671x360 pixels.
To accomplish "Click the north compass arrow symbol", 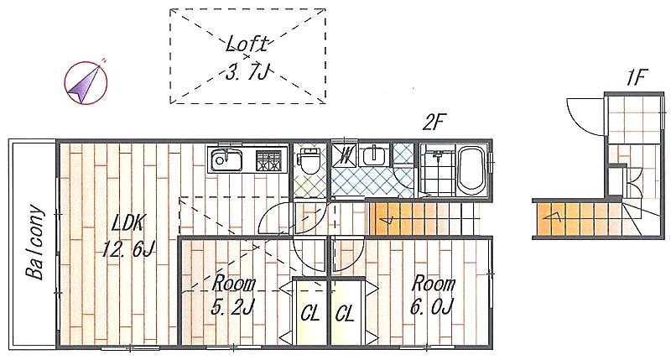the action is pos(86,81).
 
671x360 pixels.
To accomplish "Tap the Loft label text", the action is pos(247,44).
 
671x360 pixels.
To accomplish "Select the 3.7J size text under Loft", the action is pos(247,73).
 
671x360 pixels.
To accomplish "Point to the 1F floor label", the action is pos(635,78).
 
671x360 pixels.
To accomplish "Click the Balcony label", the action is pos(35,243).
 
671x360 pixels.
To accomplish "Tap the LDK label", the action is pos(128,223).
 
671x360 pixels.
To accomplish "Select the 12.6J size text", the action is pos(128,248).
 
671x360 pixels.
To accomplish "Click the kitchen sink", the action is pos(226,160).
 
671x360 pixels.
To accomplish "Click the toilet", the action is pos(309,160).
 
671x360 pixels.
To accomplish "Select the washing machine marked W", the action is pos(345,154).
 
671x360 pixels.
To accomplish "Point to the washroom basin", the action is pos(375,154).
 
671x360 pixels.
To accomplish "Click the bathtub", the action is pos(471,170).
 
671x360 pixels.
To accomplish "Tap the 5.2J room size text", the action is pos(233,307).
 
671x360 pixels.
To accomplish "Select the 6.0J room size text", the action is pos(432,307).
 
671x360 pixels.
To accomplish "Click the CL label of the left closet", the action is pos(310,315).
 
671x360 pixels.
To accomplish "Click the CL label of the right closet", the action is pos(345,315).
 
